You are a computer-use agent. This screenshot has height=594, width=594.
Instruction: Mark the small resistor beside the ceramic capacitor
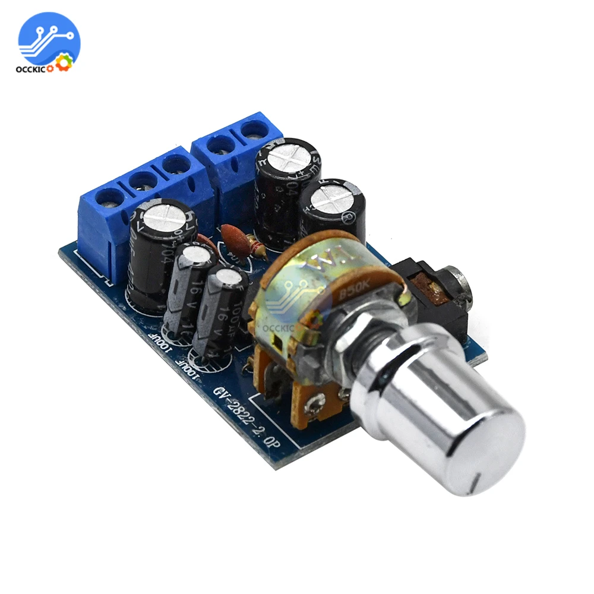(x=257, y=244)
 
